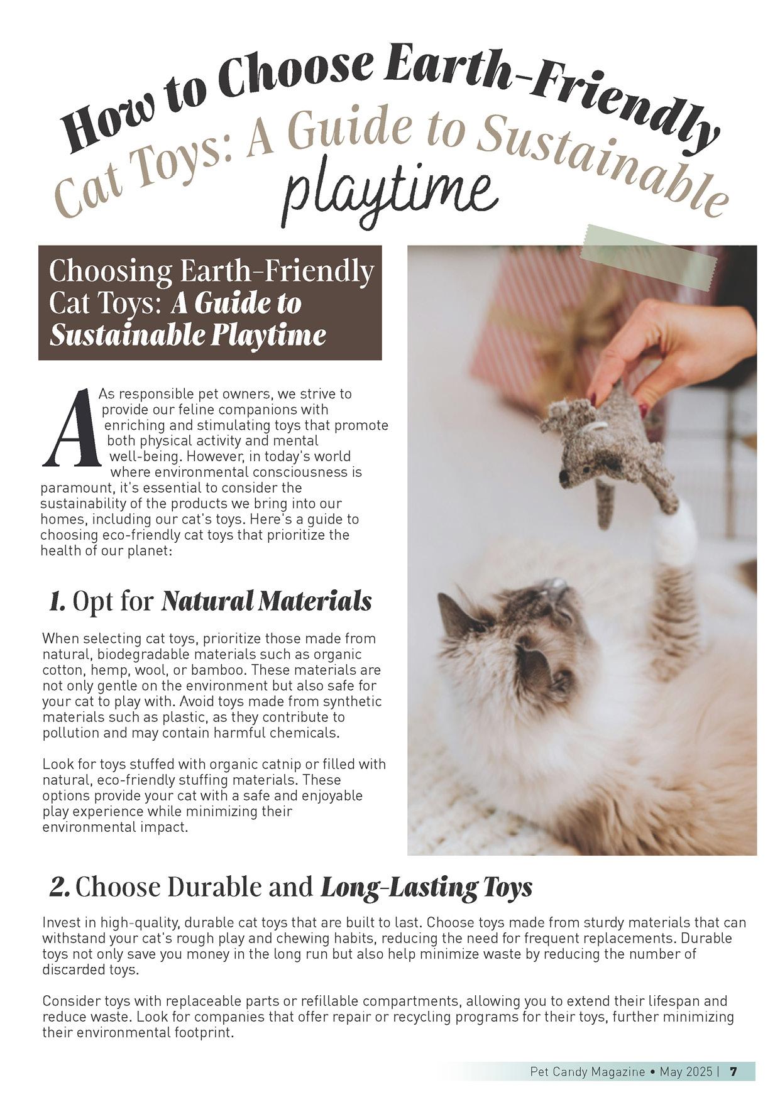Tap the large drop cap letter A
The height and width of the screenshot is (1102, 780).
71,428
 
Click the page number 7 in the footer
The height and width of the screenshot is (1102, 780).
733,1071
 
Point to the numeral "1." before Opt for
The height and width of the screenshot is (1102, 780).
57,602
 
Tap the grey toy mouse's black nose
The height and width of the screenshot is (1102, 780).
564,477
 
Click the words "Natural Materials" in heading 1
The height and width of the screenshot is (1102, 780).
266,601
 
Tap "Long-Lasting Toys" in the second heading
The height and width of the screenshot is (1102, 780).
426,887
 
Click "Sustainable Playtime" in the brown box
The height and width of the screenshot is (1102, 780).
188,335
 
